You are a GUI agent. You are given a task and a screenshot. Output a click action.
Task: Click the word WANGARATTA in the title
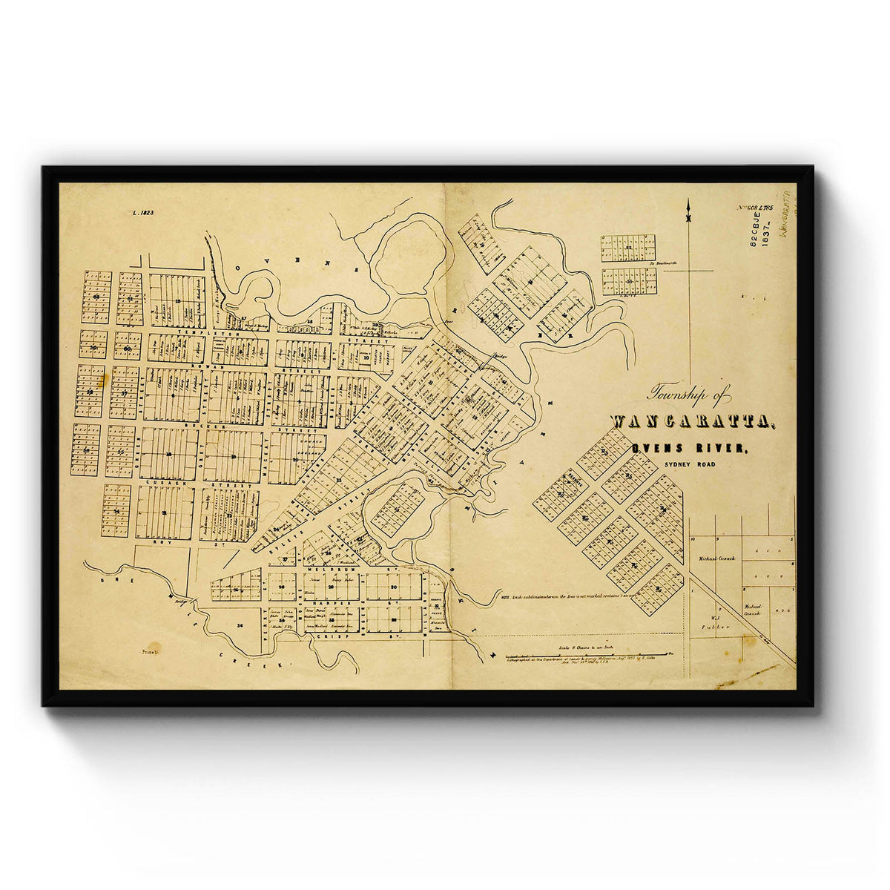point(693,422)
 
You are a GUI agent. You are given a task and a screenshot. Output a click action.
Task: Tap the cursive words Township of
point(690,395)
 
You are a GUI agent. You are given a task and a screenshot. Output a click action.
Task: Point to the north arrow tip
point(689,202)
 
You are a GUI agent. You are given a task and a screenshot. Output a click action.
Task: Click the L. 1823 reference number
point(142,213)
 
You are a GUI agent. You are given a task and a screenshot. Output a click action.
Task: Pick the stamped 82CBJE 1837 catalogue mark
point(760,231)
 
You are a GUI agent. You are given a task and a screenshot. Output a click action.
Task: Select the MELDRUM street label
point(383,570)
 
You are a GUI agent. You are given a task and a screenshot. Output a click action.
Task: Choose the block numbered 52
point(628,247)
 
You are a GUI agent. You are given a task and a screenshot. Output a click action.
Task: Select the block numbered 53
point(629,281)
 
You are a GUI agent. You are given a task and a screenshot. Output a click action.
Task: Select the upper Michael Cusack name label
point(716,558)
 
